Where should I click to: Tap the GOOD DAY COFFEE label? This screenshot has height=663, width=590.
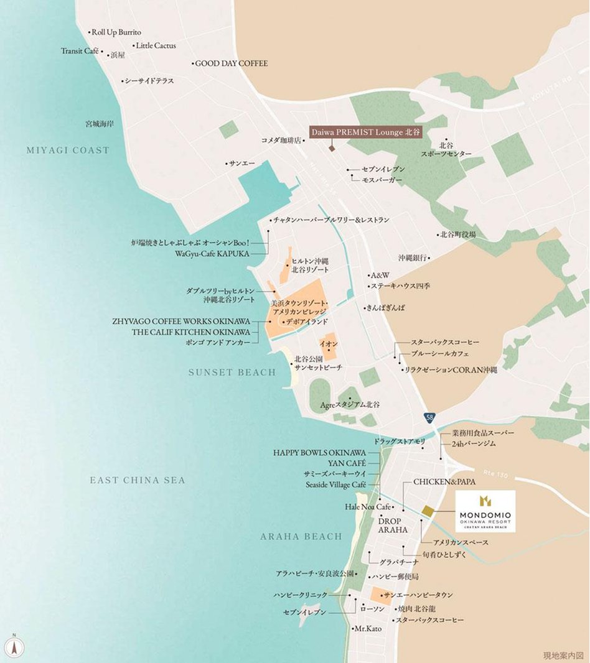231,63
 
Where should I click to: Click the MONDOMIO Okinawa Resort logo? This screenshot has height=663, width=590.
485,511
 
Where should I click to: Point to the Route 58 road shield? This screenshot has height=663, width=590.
430,417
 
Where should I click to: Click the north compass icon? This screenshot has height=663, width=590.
15,646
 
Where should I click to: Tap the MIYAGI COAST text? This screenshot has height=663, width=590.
68,151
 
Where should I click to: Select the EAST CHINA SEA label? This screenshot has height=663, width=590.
138,480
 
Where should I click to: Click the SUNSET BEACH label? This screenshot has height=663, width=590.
232,373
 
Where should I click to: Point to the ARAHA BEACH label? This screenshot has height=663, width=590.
301,536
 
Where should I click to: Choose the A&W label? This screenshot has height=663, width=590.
379,275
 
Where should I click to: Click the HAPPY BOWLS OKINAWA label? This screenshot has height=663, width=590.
319,453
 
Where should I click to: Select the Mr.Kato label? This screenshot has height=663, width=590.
367,629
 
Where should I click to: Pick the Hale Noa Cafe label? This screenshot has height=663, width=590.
368,507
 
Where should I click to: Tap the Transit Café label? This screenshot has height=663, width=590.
80,51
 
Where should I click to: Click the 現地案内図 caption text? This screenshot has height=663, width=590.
563,656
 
